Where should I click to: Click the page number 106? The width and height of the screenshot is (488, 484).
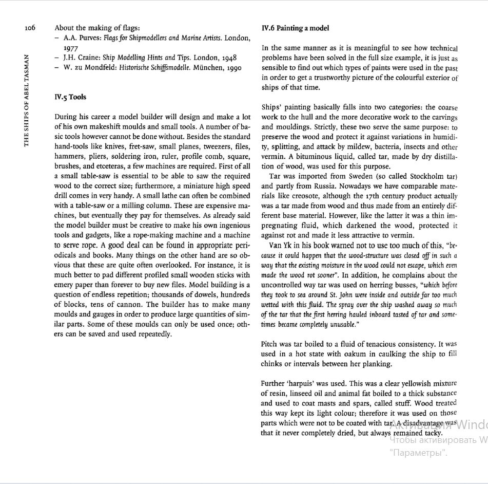[x=29, y=28]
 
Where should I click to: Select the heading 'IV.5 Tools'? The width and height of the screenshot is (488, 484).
[x=70, y=97]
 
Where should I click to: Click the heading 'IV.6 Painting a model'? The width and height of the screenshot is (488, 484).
[x=295, y=28]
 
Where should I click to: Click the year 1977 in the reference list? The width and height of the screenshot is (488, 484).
[x=71, y=48]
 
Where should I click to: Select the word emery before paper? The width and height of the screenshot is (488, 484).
[x=65, y=285]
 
